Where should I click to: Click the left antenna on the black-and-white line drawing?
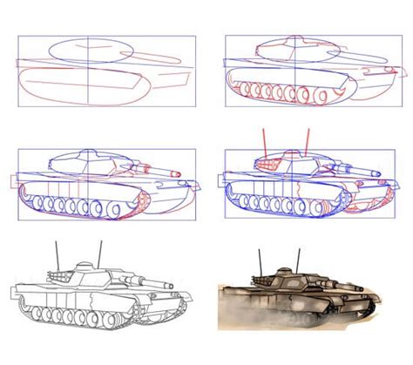pos(57,252)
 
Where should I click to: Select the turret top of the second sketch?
pos(288,42)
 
